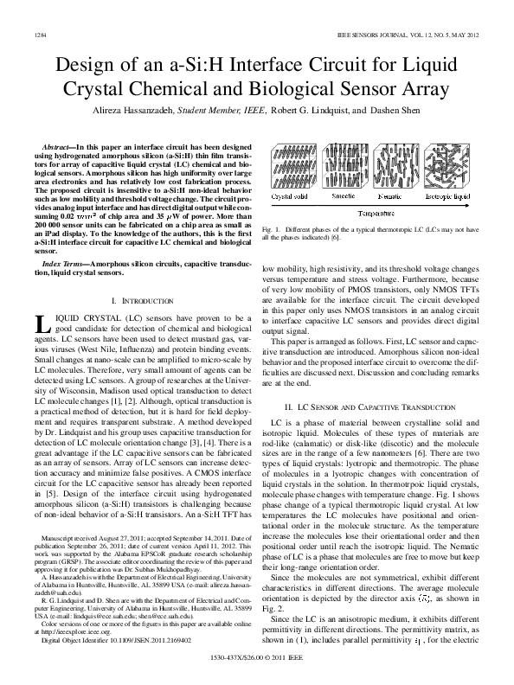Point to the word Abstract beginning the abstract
point(60,150)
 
